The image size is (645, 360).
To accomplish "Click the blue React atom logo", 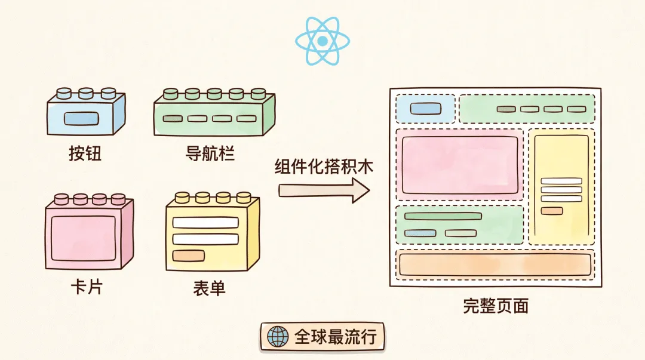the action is [322, 41].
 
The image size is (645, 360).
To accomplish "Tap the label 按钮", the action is [85, 153].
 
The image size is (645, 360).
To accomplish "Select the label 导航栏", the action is [210, 153].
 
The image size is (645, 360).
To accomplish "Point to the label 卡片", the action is [87, 287].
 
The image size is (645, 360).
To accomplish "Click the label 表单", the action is [210, 288].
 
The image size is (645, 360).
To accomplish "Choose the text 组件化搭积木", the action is [324, 167].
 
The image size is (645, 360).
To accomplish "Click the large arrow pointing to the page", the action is [324, 190].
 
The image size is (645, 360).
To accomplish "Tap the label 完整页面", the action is [496, 306].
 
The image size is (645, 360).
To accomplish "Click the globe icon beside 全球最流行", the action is [278, 337].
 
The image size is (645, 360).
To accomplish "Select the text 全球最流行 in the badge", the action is [336, 337].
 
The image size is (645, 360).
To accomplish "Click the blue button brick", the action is [86, 111].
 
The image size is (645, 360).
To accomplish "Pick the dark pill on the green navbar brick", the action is [173, 118].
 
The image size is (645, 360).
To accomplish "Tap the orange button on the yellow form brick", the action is [188, 256].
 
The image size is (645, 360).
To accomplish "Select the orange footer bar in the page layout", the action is [495, 264].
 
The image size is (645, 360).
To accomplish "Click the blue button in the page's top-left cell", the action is [425, 109].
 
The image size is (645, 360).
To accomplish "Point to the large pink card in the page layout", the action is [460, 165].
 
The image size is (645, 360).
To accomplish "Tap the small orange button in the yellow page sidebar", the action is [552, 211].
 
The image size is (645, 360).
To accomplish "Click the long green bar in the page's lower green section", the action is [443, 216].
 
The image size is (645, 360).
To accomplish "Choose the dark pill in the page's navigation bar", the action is [506, 109].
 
